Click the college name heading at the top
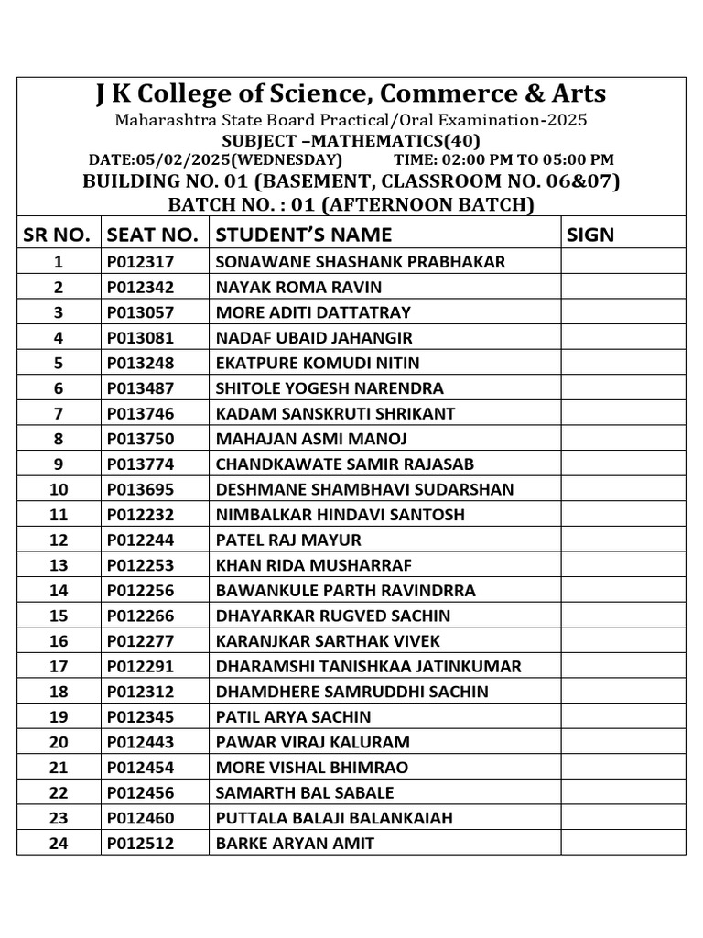351,94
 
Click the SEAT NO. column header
152,234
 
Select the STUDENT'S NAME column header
303,234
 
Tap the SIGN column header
590,234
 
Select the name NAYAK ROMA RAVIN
298,288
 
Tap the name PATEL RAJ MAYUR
288,540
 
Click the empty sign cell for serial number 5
622,363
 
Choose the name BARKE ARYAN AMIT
294,843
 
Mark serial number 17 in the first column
59,666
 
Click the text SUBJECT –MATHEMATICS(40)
351,140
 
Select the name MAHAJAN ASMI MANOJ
310,439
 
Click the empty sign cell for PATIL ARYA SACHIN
622,716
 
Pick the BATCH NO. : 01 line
351,203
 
